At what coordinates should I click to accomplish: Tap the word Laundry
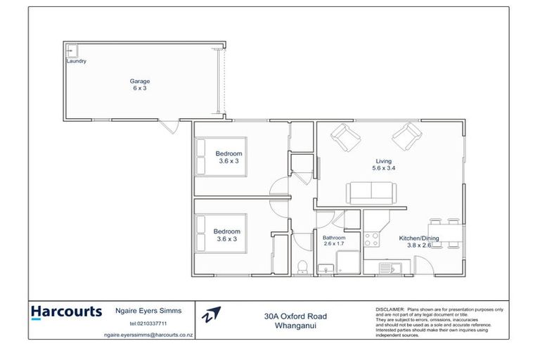(76, 61)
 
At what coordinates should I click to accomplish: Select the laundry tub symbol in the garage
(72, 50)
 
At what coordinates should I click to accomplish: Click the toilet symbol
(302, 266)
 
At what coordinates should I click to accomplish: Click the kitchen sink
(387, 267)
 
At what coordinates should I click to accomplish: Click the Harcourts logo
(66, 311)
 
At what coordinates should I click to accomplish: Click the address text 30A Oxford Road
(291, 316)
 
